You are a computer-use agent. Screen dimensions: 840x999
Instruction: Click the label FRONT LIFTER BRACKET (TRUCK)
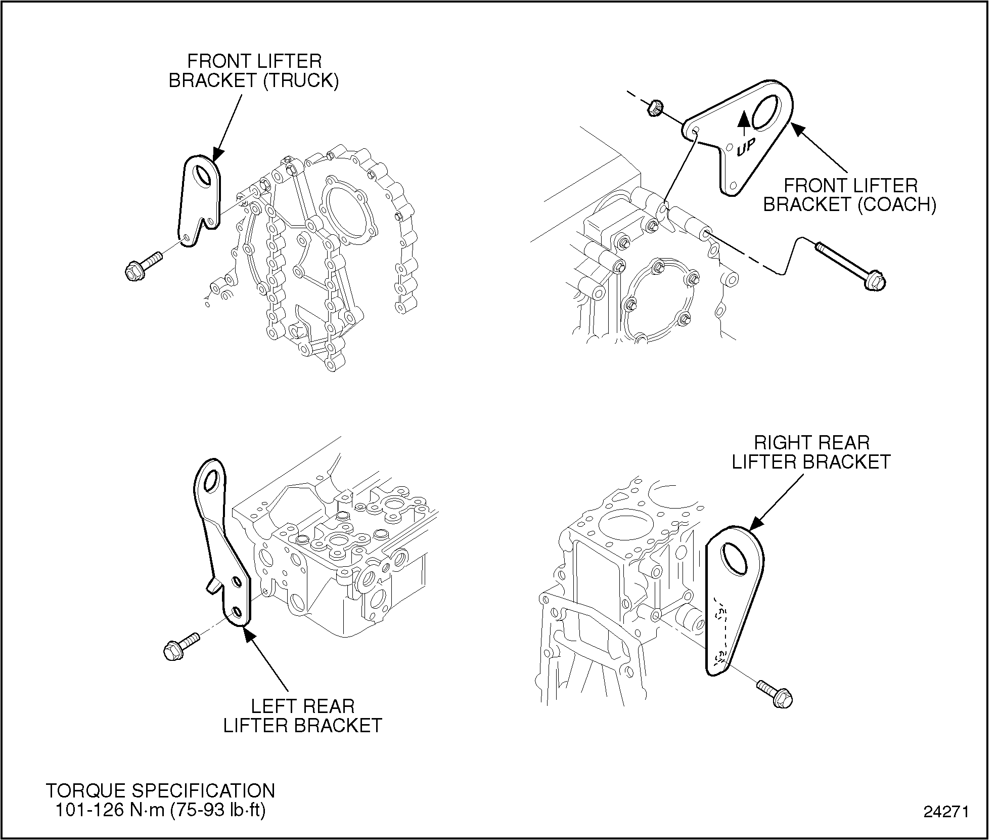(254, 71)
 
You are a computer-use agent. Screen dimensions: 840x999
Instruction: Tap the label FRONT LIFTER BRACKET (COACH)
(849, 195)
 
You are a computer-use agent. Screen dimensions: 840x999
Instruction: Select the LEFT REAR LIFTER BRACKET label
(303, 716)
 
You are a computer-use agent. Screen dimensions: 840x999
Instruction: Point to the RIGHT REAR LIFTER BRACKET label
(811, 452)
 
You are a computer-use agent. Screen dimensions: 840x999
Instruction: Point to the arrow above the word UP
(744, 121)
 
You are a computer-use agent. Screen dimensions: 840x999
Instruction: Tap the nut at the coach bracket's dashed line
(655, 108)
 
